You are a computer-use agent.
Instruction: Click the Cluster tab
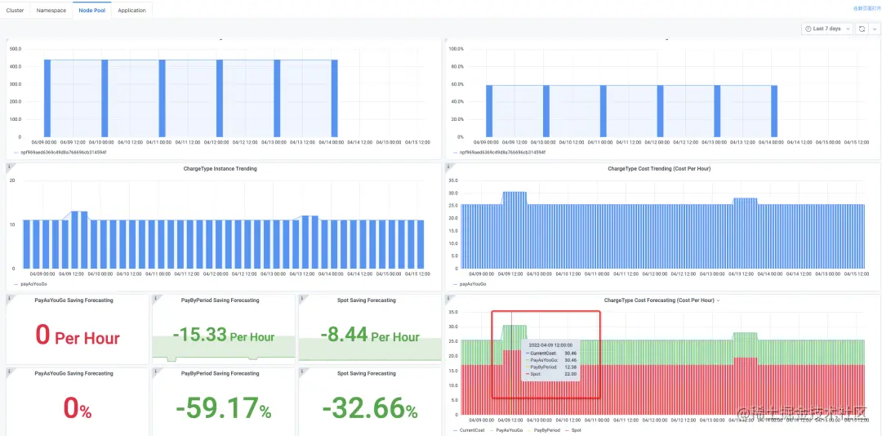tap(16, 11)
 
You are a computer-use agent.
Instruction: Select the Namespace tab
tap(51, 11)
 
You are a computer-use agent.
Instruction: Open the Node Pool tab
tap(91, 11)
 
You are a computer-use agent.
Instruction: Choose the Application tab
tap(131, 11)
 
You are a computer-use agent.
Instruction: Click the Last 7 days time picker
tap(826, 29)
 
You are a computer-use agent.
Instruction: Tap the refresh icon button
tap(862, 29)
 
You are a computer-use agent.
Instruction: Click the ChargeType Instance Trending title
tap(220, 169)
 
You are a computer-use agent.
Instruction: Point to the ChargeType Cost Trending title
tap(661, 169)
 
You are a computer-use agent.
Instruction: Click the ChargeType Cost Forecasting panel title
tap(659, 300)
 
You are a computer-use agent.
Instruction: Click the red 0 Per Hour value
tap(78, 336)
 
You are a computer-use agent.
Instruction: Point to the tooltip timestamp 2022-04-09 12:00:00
tap(550, 345)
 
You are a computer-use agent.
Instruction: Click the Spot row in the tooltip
tap(550, 373)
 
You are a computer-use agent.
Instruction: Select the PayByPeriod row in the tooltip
tap(550, 367)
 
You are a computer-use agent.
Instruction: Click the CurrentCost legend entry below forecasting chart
tap(471, 429)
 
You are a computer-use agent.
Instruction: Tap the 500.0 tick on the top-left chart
tap(15, 48)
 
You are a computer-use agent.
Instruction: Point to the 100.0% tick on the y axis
tap(457, 48)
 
